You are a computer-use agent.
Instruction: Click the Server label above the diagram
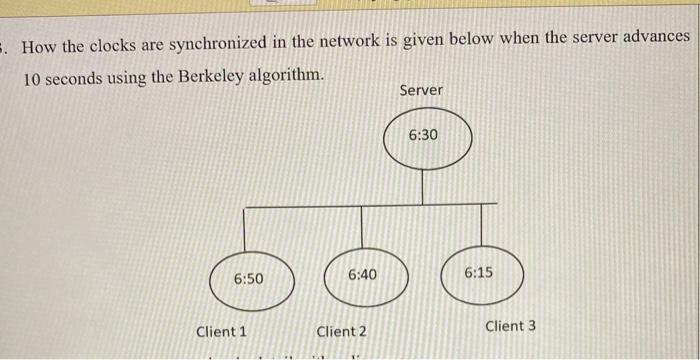pyautogui.click(x=421, y=91)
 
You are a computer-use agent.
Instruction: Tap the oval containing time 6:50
pyautogui.click(x=250, y=279)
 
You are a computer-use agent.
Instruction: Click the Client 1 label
pyautogui.click(x=221, y=331)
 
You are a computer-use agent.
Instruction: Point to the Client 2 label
pyautogui.click(x=341, y=331)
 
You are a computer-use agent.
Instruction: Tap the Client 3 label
pyautogui.click(x=510, y=326)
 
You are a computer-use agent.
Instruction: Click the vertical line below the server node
pyautogui.click(x=424, y=187)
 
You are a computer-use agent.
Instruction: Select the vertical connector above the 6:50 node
pyautogui.click(x=246, y=230)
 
